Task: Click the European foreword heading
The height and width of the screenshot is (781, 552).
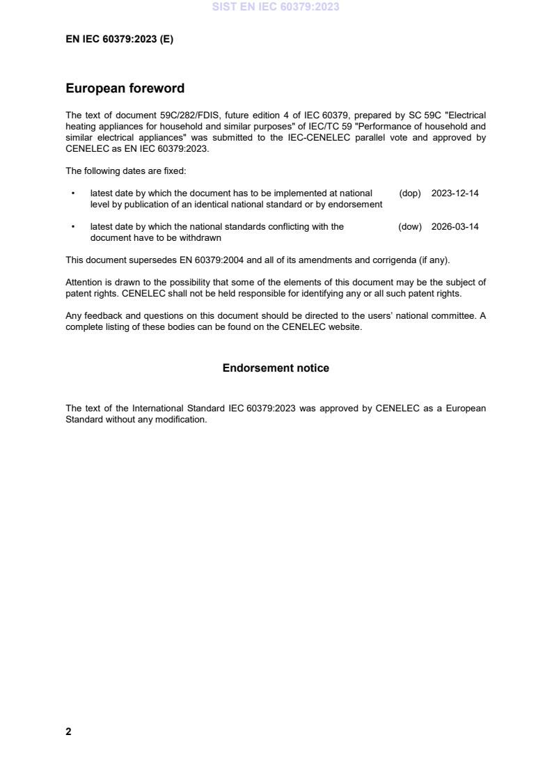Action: click(x=125, y=88)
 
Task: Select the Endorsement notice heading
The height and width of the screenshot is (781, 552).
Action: click(x=276, y=368)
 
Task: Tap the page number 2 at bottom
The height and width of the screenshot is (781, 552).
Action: click(x=68, y=732)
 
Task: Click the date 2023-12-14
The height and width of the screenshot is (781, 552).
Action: click(x=455, y=194)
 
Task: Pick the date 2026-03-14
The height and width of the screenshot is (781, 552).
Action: click(x=455, y=227)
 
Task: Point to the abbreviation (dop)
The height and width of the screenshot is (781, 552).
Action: click(x=410, y=194)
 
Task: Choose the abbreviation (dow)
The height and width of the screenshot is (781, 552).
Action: click(x=410, y=227)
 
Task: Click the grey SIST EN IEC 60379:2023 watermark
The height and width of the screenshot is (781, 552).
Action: click(x=276, y=8)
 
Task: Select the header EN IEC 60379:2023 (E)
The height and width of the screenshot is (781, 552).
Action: click(x=119, y=40)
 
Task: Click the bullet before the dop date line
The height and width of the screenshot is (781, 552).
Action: click(x=73, y=194)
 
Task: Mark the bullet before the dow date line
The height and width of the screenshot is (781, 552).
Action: click(x=73, y=227)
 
